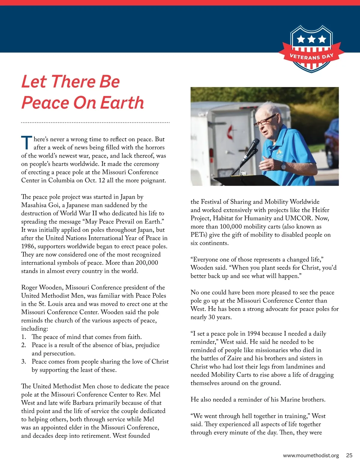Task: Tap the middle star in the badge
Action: click(312, 39)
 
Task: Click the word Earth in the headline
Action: click(122, 103)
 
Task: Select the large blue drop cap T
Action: click(26, 143)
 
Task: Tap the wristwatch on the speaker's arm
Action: click(283, 166)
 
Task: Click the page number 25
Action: click(349, 455)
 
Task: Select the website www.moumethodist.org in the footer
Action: click(311, 455)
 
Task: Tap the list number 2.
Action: click(24, 345)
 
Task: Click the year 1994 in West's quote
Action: click(254, 334)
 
